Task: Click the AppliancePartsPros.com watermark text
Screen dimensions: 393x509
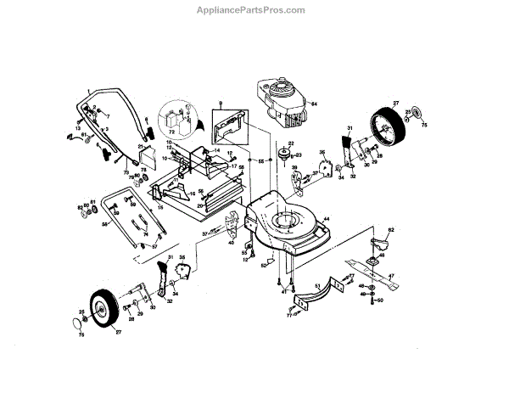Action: [255, 10]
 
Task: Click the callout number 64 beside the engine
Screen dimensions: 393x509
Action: [313, 104]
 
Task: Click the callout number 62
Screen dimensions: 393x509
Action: [392, 230]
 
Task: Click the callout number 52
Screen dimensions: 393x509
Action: [263, 266]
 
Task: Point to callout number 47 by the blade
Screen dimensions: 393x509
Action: [392, 277]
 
